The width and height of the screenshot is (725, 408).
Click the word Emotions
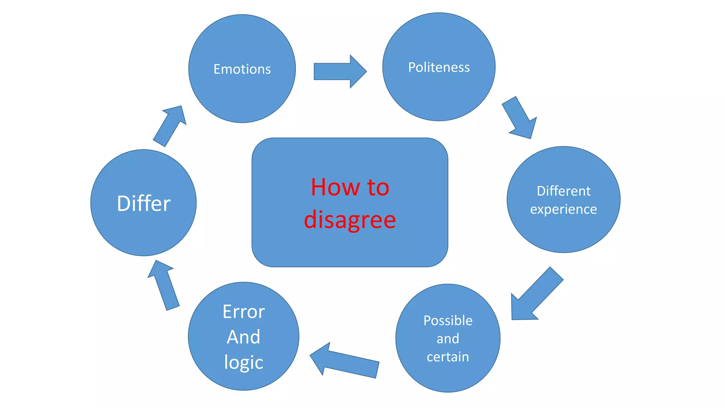point(242,69)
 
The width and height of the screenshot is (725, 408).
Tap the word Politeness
point(439,67)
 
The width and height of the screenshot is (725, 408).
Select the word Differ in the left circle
point(143,203)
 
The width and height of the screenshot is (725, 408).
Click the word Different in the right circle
point(564,191)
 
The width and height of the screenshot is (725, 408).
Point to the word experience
point(564,209)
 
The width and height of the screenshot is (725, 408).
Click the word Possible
point(448,321)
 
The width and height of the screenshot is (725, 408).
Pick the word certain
point(448,357)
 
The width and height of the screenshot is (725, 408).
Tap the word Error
point(244,312)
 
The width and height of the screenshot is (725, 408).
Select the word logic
point(244,362)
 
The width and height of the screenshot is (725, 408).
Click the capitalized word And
point(244,336)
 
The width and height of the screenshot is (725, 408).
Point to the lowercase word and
point(448,339)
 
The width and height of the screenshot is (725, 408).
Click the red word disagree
point(350,220)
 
